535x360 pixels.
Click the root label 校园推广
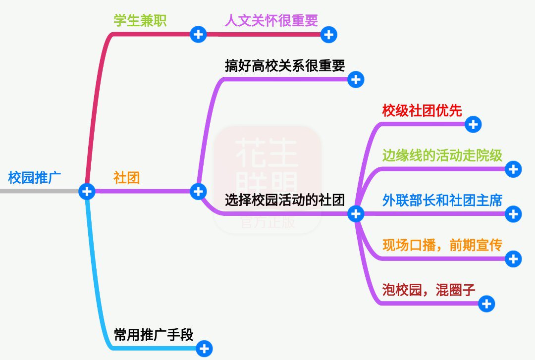click(x=35, y=177)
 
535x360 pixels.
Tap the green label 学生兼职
click(x=140, y=20)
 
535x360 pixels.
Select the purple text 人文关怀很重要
click(x=271, y=20)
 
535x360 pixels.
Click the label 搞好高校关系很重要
click(x=285, y=65)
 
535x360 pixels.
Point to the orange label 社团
click(x=127, y=177)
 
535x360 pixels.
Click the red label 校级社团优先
click(x=422, y=110)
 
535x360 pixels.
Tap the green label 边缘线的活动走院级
click(x=442, y=155)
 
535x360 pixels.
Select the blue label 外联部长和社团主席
click(x=442, y=200)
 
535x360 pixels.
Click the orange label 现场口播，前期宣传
click(x=442, y=245)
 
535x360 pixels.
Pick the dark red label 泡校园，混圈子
click(x=429, y=290)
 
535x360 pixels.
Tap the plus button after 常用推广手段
click(x=204, y=349)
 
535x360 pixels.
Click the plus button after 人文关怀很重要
click(x=329, y=35)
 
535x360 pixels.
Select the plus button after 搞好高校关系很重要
click(x=356, y=80)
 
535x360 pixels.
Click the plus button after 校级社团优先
click(x=473, y=124)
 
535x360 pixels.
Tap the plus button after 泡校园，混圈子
click(x=486, y=304)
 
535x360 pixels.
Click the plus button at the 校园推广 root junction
click(x=87, y=192)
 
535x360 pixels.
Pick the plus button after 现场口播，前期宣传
click(x=514, y=258)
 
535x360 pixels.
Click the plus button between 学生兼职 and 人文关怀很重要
click(x=198, y=35)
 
